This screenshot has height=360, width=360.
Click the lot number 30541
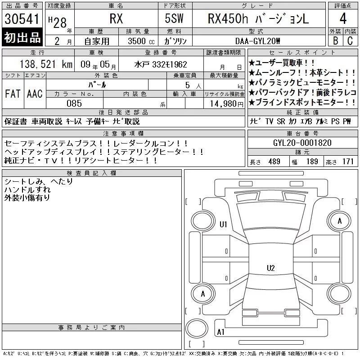pyautogui.click(x=22, y=19)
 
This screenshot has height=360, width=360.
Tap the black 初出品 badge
pyautogui.click(x=22, y=37)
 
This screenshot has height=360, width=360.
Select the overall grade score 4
pyautogui.click(x=343, y=18)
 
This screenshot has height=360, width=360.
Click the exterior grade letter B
pyautogui.click(x=335, y=40)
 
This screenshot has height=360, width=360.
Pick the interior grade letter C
pyautogui.click(x=350, y=40)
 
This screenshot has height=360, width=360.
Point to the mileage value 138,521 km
pyautogui.click(x=46, y=64)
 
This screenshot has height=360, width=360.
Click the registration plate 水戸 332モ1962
pyautogui.click(x=161, y=64)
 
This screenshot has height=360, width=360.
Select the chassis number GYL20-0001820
pyautogui.click(x=302, y=143)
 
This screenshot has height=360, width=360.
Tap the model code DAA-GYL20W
pyautogui.click(x=257, y=41)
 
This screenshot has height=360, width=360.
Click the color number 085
pyautogui.click(x=74, y=103)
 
